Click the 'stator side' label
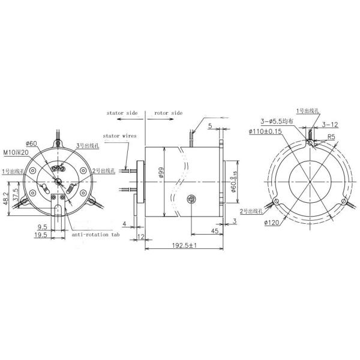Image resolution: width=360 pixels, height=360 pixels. point(122,112)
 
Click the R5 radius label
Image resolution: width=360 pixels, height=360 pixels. point(330,137)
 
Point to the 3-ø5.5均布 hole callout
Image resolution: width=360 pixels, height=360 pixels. point(276,122)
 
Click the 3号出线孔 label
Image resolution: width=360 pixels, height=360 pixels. point(86,146)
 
